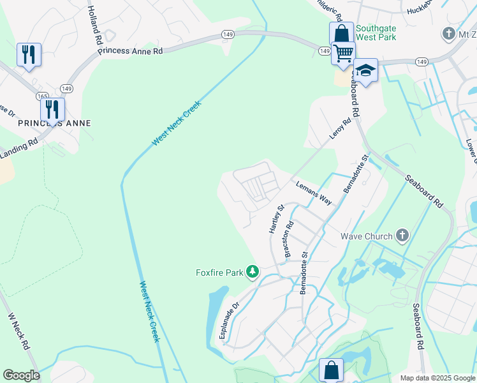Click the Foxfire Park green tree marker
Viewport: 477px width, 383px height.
click(253, 273)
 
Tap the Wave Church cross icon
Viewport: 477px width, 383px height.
click(402, 236)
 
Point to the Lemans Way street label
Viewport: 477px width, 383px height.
click(314, 192)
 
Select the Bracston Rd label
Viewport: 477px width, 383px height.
click(289, 239)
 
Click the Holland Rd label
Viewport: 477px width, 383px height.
click(95, 25)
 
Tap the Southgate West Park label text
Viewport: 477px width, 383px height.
click(376, 33)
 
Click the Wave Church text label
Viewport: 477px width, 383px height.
click(366, 236)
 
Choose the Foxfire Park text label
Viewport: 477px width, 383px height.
click(219, 273)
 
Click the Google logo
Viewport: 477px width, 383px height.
click(21, 375)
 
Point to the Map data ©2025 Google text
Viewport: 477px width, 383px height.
click(437, 378)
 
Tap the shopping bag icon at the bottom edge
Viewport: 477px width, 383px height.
click(331, 370)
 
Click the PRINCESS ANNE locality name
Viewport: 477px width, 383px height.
click(54, 123)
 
